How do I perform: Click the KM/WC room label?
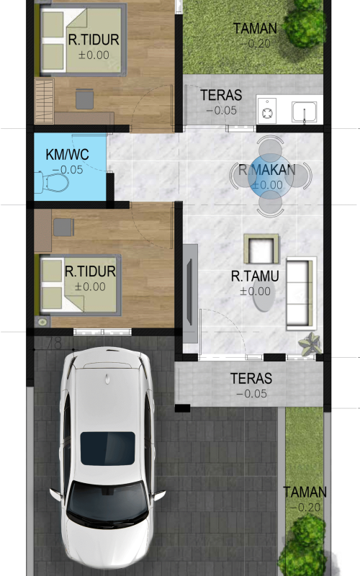(67, 154)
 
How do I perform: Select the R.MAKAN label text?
(267, 170)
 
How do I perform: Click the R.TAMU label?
(255, 276)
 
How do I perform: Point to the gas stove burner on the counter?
(267, 112)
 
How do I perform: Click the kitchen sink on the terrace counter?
(304, 112)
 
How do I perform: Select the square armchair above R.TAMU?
(261, 248)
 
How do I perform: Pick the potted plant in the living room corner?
(310, 344)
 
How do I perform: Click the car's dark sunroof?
(107, 448)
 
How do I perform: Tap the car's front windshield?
(108, 502)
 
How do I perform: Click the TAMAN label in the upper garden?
(256, 28)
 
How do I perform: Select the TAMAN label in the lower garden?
(305, 492)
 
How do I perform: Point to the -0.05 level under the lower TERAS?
(251, 394)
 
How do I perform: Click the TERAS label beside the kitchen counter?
(221, 95)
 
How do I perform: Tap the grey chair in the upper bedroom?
(85, 99)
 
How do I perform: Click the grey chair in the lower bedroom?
(64, 227)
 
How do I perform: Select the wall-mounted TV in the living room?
(190, 292)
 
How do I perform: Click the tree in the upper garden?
(305, 23)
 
